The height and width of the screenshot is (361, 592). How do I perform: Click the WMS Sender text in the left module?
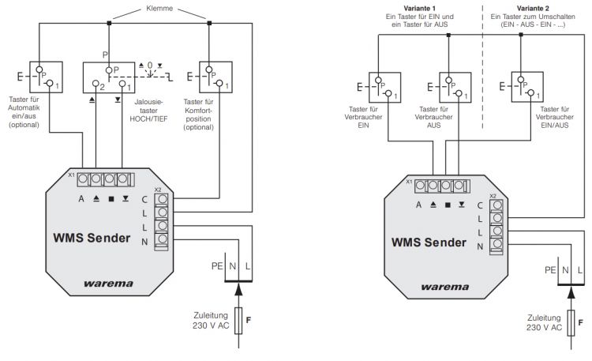coord(91,237)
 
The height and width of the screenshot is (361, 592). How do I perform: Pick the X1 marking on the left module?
coord(70,175)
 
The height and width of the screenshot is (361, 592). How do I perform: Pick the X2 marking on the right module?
coord(493,195)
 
